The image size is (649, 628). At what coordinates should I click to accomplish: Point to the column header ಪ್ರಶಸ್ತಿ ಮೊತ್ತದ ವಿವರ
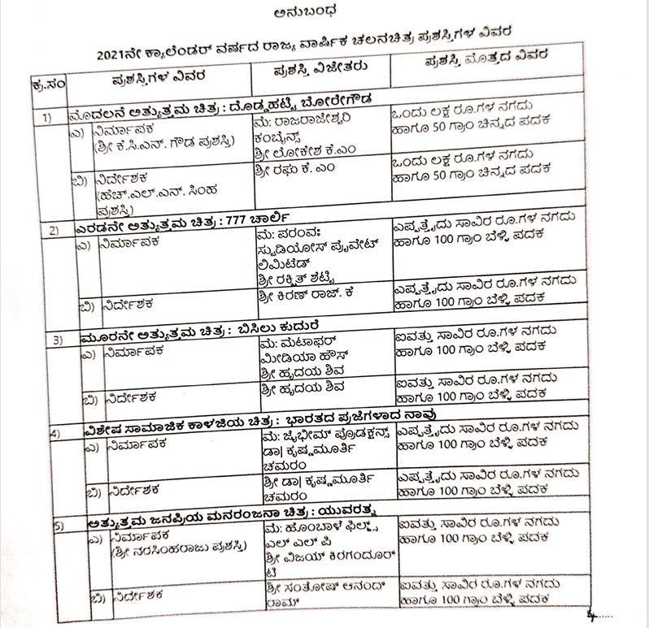(x=486, y=62)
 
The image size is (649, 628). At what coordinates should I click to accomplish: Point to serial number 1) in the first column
(x=49, y=119)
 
